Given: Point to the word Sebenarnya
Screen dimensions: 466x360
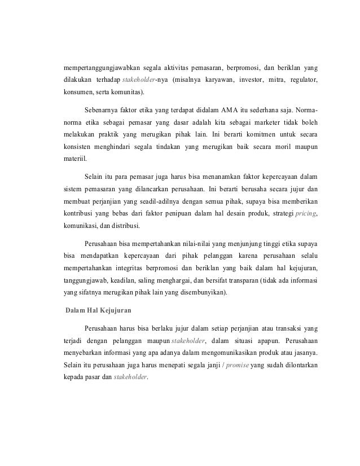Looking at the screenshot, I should click(102, 109).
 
